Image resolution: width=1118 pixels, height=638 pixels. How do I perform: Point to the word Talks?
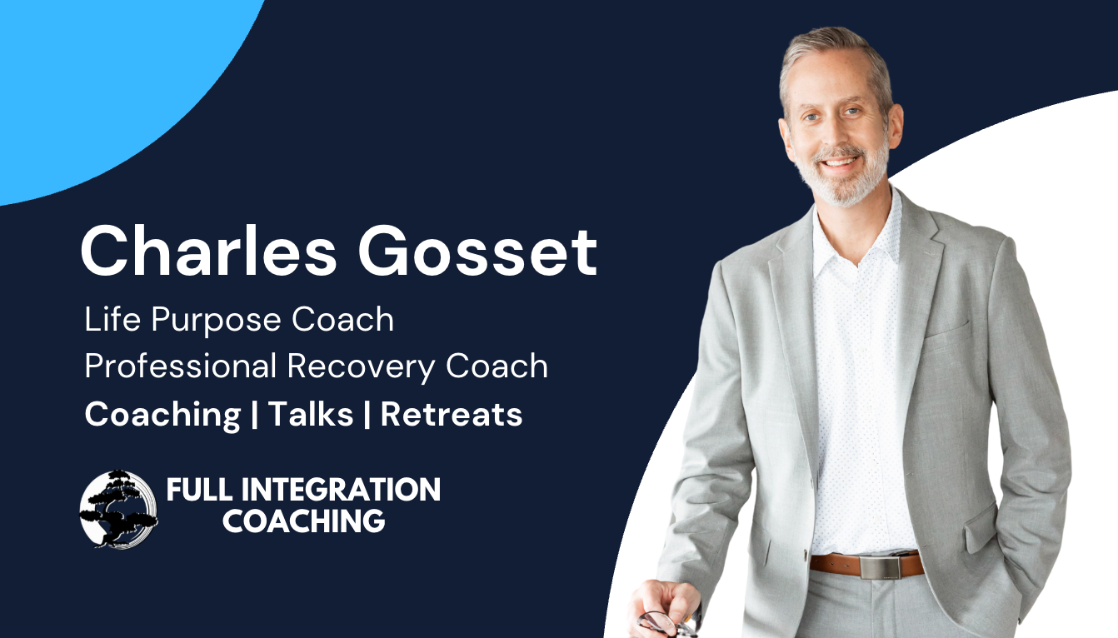[311, 414]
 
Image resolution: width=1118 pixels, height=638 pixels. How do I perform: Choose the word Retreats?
[452, 414]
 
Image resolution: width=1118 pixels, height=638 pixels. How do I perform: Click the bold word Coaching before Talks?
[162, 414]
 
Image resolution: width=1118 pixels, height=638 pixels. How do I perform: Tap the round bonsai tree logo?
[118, 508]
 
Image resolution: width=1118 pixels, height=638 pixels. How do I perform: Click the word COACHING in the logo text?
[303, 521]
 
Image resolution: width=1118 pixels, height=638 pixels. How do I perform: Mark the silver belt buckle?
[880, 567]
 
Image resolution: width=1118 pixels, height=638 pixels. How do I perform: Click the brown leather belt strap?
[833, 564]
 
